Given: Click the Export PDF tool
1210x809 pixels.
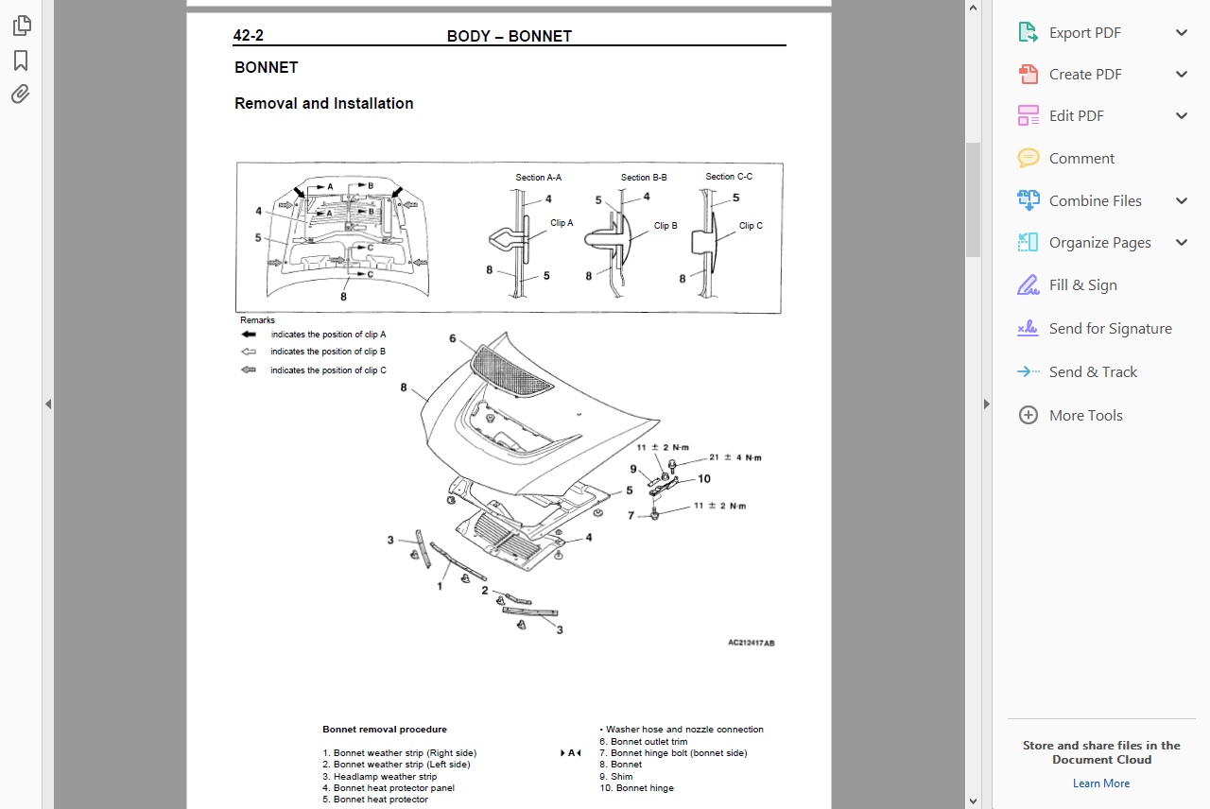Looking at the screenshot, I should (x=1084, y=33).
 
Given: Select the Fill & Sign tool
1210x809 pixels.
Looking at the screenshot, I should (x=1082, y=285).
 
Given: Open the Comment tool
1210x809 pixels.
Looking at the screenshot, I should (x=1081, y=159).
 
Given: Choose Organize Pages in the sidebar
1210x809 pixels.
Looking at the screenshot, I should (x=1099, y=243).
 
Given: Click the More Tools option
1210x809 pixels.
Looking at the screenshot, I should (x=1085, y=416).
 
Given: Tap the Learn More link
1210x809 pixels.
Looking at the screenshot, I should (x=1100, y=783).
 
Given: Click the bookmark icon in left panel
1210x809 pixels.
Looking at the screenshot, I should (x=21, y=60).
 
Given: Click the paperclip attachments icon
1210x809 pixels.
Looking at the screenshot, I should (x=21, y=94).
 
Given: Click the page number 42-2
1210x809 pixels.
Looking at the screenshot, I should (x=249, y=36).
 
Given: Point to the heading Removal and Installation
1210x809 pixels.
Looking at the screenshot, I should (x=323, y=104).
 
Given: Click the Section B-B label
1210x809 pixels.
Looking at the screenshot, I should (x=644, y=178).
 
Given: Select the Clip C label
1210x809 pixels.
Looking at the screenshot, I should (x=751, y=226).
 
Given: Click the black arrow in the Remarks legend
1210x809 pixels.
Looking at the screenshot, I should (x=249, y=335).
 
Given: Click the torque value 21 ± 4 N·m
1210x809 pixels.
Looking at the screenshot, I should (x=735, y=457).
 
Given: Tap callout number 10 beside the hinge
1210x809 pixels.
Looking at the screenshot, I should (x=703, y=479).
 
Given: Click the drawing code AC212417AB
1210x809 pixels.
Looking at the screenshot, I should (x=751, y=643).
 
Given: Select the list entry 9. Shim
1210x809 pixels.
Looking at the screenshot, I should (x=615, y=777).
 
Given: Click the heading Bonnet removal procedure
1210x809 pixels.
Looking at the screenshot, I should (x=384, y=730).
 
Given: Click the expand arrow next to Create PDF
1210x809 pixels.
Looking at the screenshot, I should (x=1182, y=75).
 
